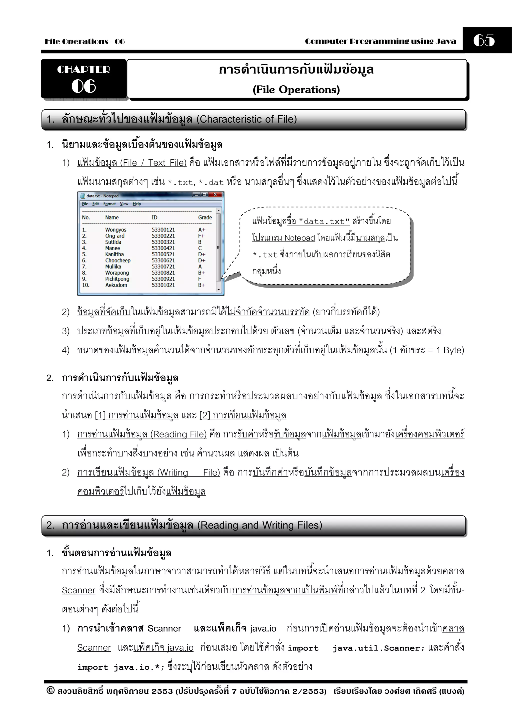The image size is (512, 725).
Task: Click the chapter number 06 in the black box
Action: tap(83, 86)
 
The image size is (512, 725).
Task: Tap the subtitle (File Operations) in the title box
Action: tap(296, 90)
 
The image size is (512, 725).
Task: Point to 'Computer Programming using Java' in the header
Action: tap(380, 41)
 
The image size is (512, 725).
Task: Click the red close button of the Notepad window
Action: tap(215, 194)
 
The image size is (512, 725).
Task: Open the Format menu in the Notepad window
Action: tap(109, 204)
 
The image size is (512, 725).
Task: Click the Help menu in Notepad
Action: tap(136, 204)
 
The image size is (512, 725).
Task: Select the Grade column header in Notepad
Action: tap(205, 217)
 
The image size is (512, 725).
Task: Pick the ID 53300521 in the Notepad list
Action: tap(163, 254)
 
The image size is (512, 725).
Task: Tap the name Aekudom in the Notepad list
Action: tap(116, 285)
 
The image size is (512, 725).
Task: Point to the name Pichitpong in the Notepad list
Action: tap(117, 279)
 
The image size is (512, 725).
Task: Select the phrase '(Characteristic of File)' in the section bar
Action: tap(246, 119)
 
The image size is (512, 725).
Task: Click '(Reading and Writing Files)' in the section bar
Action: tap(260, 525)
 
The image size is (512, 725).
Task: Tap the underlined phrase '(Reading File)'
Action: tap(178, 434)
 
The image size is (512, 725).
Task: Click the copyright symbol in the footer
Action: tap(50, 690)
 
